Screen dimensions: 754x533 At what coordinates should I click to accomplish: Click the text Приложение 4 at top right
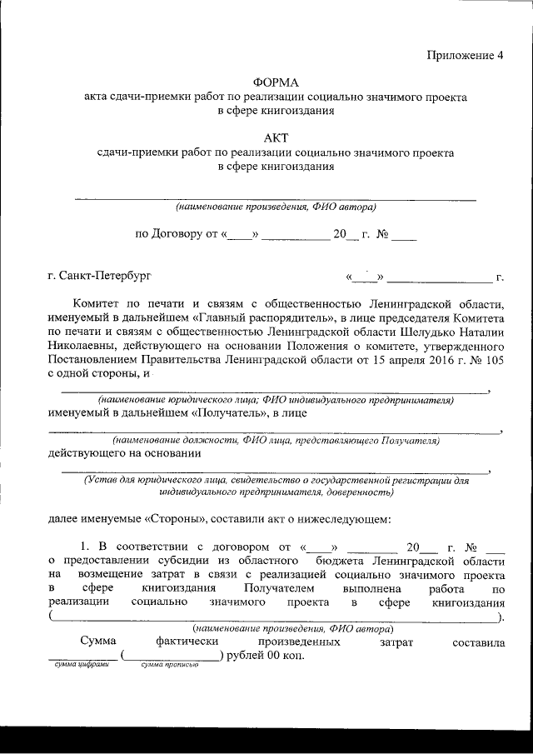[466, 57]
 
